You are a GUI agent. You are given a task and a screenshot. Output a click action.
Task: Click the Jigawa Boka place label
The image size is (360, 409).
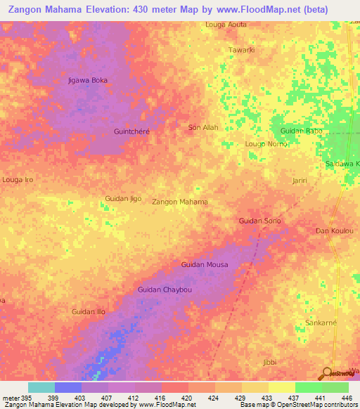88,80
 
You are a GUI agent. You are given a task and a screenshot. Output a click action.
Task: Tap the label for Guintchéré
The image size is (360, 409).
131,131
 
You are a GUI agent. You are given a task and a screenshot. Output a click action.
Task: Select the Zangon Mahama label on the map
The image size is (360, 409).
180,202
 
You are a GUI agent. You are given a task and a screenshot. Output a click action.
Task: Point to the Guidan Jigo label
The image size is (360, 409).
123,199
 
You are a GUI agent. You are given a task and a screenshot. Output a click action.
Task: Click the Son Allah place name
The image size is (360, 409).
203,128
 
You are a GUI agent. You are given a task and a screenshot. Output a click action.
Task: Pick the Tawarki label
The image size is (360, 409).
241,50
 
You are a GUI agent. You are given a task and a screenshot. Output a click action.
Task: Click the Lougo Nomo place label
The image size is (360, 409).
265,144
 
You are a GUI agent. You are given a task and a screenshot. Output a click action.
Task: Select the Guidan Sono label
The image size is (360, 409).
259,221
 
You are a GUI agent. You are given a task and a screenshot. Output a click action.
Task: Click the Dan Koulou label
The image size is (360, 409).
333,231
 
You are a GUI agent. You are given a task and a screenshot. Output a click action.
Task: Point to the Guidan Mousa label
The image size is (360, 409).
205,265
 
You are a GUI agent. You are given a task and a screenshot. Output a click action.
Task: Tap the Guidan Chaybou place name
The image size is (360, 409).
165,290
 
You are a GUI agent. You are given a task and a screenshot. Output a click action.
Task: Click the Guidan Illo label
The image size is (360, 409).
89,311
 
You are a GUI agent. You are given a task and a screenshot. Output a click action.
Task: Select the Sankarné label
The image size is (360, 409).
321,323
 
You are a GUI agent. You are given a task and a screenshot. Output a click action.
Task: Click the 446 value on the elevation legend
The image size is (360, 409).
346,398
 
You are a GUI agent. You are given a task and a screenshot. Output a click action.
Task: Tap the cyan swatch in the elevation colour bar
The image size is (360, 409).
41,387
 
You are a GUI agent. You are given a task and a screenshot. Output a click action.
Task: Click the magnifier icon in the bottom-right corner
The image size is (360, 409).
326,374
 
